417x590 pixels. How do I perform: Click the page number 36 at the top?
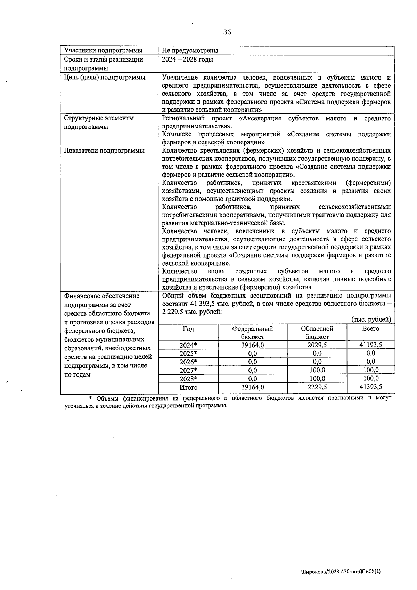227,32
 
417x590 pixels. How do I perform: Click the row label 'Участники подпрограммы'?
103,51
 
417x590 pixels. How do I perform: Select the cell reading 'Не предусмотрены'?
190,51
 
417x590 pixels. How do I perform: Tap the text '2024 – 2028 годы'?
188,59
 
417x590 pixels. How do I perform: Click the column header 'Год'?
188,329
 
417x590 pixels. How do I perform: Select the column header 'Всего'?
370,329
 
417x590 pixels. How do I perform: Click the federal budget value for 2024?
252,345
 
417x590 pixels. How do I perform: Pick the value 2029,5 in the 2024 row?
317,345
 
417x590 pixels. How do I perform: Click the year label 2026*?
188,362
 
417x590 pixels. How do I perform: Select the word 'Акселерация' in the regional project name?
260,119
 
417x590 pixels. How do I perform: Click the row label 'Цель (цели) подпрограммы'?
105,78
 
